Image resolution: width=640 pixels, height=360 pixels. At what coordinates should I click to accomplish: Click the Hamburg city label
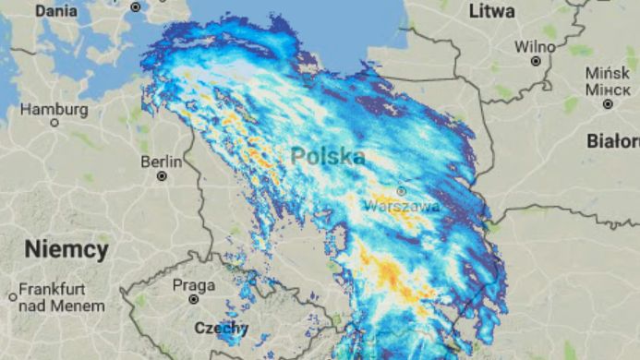(54, 109)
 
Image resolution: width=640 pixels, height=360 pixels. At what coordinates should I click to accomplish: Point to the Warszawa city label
(402, 206)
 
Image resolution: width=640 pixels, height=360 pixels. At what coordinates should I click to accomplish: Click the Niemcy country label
(66, 249)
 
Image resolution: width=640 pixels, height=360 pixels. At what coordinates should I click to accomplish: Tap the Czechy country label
(221, 328)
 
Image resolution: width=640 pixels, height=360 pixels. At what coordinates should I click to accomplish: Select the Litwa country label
(491, 12)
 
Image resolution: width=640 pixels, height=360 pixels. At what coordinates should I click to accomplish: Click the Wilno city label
(535, 46)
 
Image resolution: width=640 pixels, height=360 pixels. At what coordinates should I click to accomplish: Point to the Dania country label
(55, 12)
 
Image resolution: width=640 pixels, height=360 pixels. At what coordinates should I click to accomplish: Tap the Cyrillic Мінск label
(608, 90)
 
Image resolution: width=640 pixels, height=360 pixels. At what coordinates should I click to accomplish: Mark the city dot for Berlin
(163, 175)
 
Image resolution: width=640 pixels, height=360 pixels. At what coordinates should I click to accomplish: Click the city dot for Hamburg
(54, 122)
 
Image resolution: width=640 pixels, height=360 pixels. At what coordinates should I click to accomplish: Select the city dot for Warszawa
(401, 192)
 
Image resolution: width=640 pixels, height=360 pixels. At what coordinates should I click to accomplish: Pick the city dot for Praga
(194, 299)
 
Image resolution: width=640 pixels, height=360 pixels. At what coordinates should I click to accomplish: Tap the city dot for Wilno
(536, 60)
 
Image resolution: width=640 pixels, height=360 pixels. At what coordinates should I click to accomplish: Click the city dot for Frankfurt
(12, 296)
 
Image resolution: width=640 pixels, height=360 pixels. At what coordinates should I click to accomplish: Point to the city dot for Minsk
(608, 104)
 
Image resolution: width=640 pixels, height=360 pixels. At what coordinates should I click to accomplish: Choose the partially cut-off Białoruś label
(613, 141)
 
